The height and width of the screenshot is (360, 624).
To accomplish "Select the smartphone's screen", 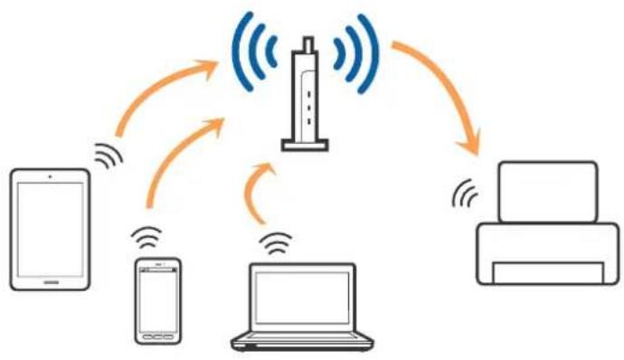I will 156,297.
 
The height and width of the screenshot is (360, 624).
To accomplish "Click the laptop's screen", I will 301,299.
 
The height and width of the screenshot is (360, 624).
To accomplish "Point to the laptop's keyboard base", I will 301,343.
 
